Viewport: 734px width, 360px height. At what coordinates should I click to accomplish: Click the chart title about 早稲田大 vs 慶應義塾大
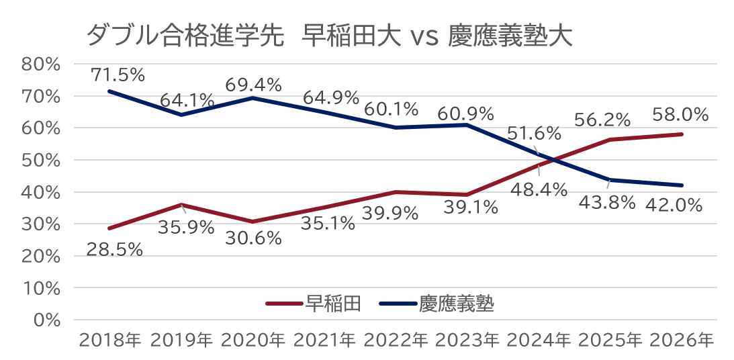click(x=329, y=36)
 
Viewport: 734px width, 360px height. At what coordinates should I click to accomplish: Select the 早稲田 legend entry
click(x=313, y=304)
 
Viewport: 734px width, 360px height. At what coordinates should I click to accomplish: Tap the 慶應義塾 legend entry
click(x=437, y=304)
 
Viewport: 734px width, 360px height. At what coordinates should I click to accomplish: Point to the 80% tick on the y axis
click(x=41, y=64)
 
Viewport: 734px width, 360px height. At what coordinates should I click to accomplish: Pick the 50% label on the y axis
click(x=41, y=161)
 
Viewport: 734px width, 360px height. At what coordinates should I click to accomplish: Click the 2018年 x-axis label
click(x=110, y=341)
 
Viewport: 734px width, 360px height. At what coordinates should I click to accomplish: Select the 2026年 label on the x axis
click(x=682, y=341)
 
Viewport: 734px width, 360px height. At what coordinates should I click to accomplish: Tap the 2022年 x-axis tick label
click(x=396, y=341)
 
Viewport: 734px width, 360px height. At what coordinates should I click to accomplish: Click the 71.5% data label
click(x=118, y=75)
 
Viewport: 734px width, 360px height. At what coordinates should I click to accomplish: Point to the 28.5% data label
click(x=115, y=250)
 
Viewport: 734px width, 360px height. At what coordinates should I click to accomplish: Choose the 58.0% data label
click(x=680, y=114)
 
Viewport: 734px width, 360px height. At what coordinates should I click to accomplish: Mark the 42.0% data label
click(x=674, y=205)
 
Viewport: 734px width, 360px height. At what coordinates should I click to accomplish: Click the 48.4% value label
click(x=539, y=190)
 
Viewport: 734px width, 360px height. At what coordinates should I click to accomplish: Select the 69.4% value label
click(x=253, y=85)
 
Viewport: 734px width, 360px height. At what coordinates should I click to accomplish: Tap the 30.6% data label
click(x=253, y=238)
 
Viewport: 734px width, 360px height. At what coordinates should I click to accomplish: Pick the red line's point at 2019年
click(x=181, y=205)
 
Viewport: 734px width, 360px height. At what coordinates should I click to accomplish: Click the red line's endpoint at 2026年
click(x=682, y=134)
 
